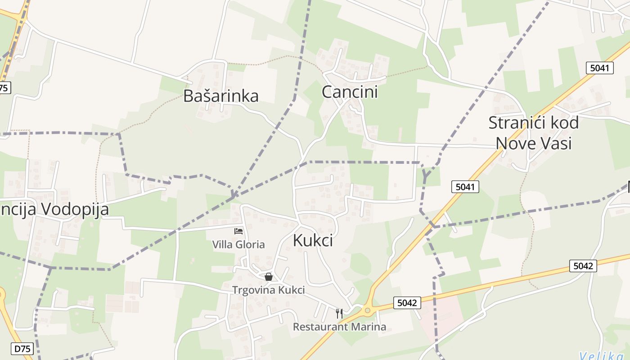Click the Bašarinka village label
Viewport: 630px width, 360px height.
221,96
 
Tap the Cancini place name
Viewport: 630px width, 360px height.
350,92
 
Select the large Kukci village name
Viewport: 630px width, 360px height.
313,240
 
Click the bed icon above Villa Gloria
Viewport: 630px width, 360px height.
238,231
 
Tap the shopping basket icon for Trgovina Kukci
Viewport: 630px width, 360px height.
269,277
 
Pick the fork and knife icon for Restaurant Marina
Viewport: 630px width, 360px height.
339,313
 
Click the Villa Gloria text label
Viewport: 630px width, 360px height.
238,245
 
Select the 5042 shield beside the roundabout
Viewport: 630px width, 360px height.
407,303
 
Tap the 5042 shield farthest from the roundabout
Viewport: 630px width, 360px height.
583,266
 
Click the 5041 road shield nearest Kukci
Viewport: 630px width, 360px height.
465,187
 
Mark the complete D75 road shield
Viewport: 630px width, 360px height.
24,348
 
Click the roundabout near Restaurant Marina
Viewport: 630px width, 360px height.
368,310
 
